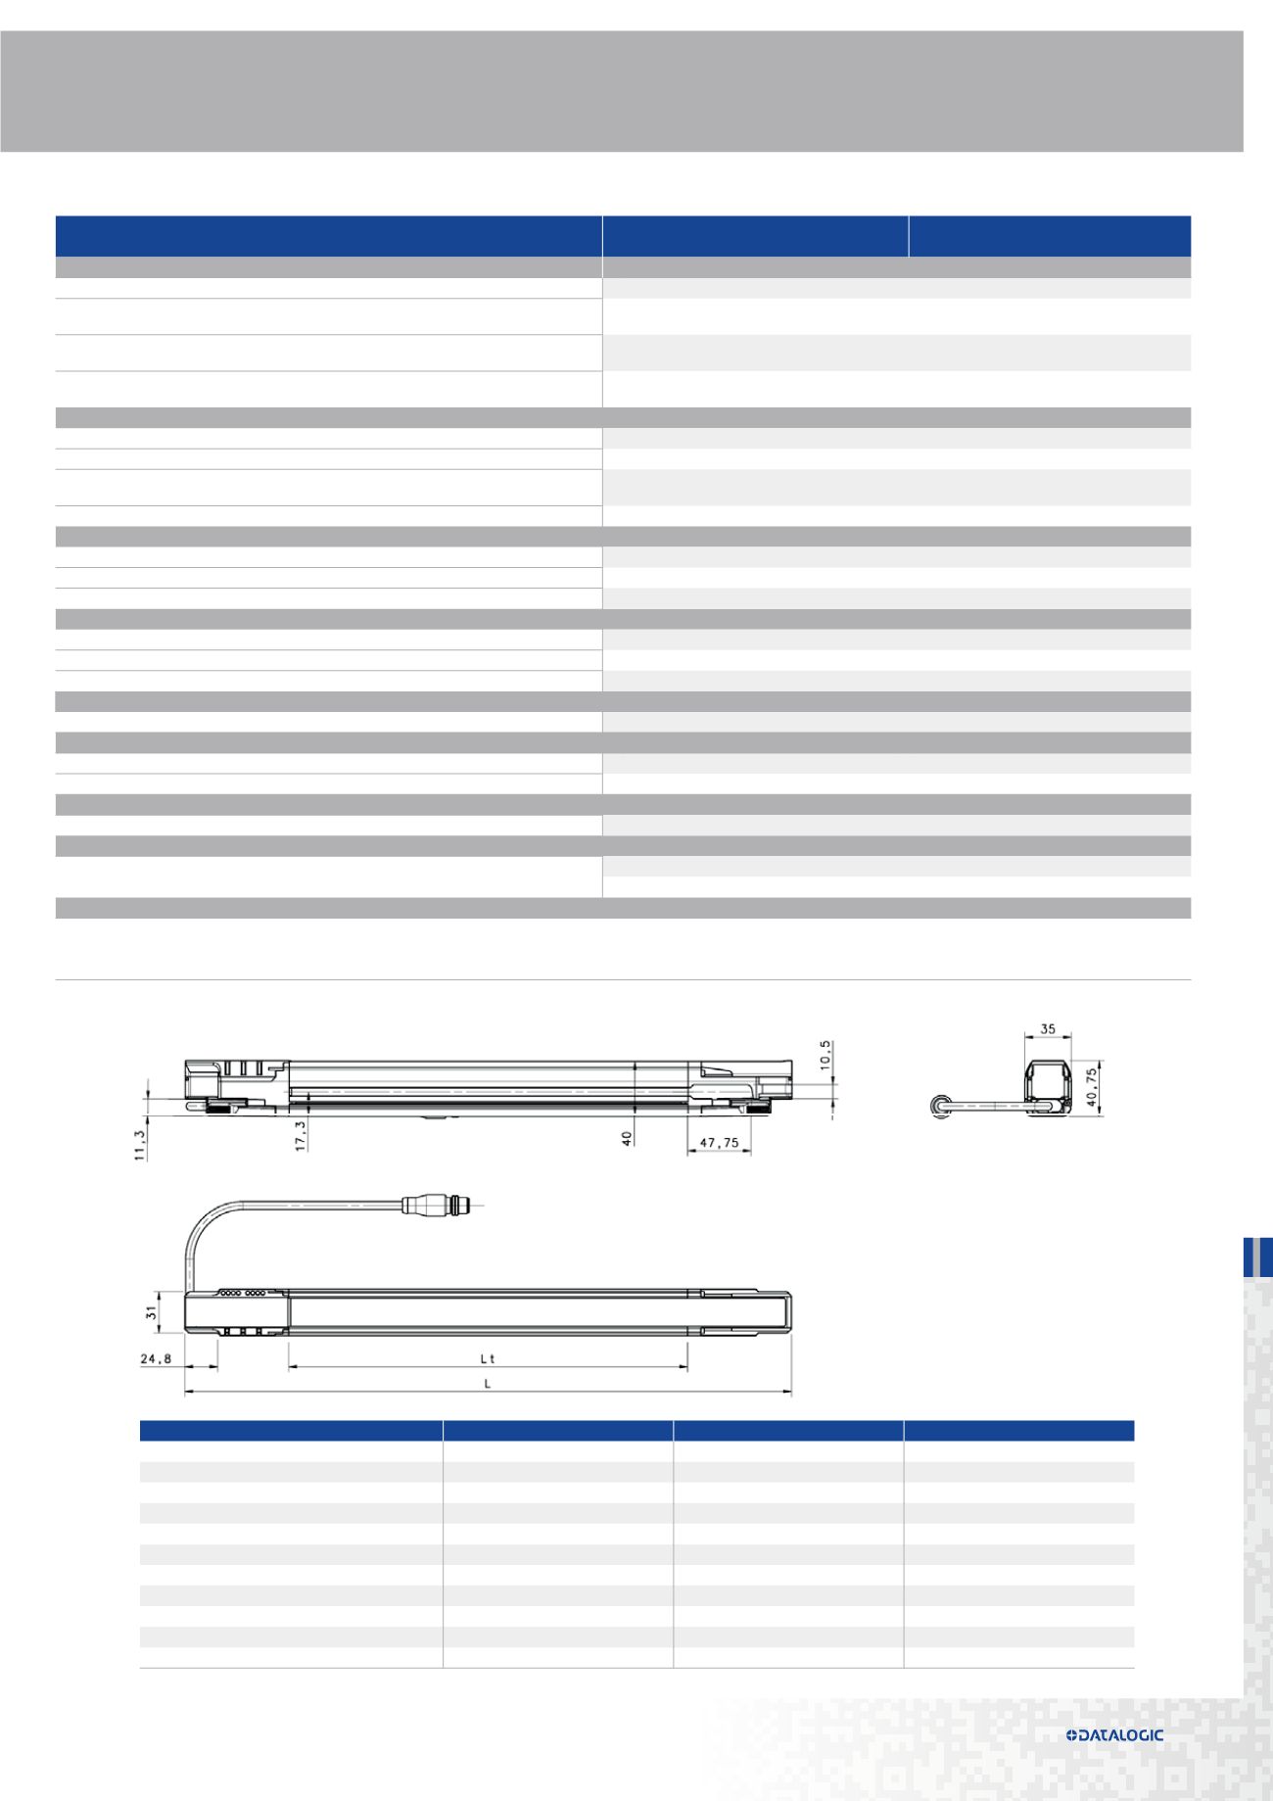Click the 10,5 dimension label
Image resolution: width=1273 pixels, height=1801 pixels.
coord(825,1054)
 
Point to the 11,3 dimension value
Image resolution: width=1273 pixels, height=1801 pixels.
coord(140,1145)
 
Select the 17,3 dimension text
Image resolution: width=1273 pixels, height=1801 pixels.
coord(301,1135)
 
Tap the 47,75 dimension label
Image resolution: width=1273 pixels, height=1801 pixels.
coord(720,1143)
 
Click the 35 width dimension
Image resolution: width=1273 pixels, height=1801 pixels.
coord(1048,1029)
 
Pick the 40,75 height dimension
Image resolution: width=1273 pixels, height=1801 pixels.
coord(1092,1087)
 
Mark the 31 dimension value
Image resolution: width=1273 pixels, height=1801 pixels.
coord(152,1312)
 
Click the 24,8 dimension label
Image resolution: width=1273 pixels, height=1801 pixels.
coord(156,1358)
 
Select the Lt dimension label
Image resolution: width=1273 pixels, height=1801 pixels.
coord(488,1358)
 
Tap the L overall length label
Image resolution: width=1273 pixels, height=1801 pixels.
coord(488,1384)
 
